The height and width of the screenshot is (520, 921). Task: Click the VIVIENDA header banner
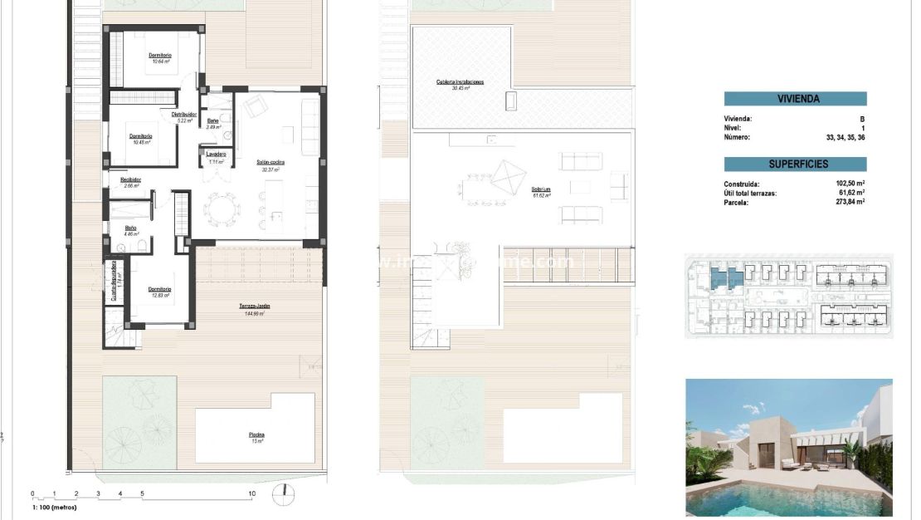pyautogui.click(x=795, y=99)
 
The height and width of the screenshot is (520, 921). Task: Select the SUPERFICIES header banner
pyautogui.click(x=795, y=164)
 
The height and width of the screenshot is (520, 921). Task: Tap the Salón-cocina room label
pyautogui.click(x=270, y=165)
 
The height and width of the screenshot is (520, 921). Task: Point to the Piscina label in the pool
pyautogui.click(x=256, y=436)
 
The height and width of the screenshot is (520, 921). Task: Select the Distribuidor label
pyautogui.click(x=183, y=115)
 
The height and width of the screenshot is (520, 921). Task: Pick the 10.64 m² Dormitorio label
pyautogui.click(x=160, y=57)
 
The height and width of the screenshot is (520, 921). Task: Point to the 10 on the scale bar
pyautogui.click(x=252, y=493)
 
